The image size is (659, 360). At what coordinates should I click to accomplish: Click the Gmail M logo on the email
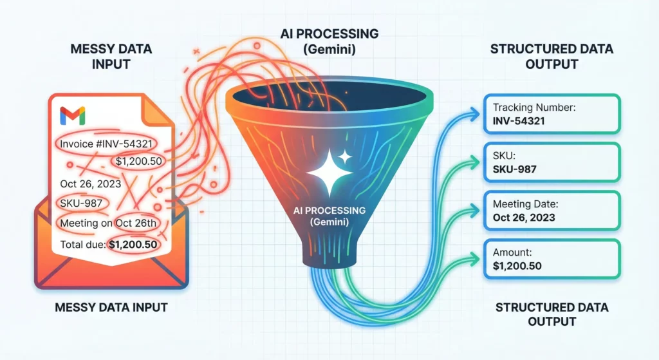(x=72, y=116)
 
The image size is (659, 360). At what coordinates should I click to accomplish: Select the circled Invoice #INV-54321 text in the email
(x=106, y=143)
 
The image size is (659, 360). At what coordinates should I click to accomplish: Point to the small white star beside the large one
(x=345, y=156)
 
